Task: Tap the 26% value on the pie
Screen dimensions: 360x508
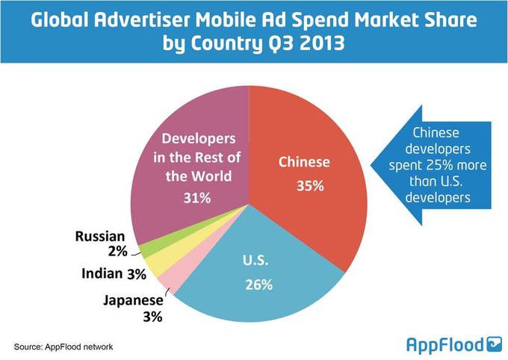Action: (x=258, y=285)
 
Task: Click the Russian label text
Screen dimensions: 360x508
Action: (x=101, y=238)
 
